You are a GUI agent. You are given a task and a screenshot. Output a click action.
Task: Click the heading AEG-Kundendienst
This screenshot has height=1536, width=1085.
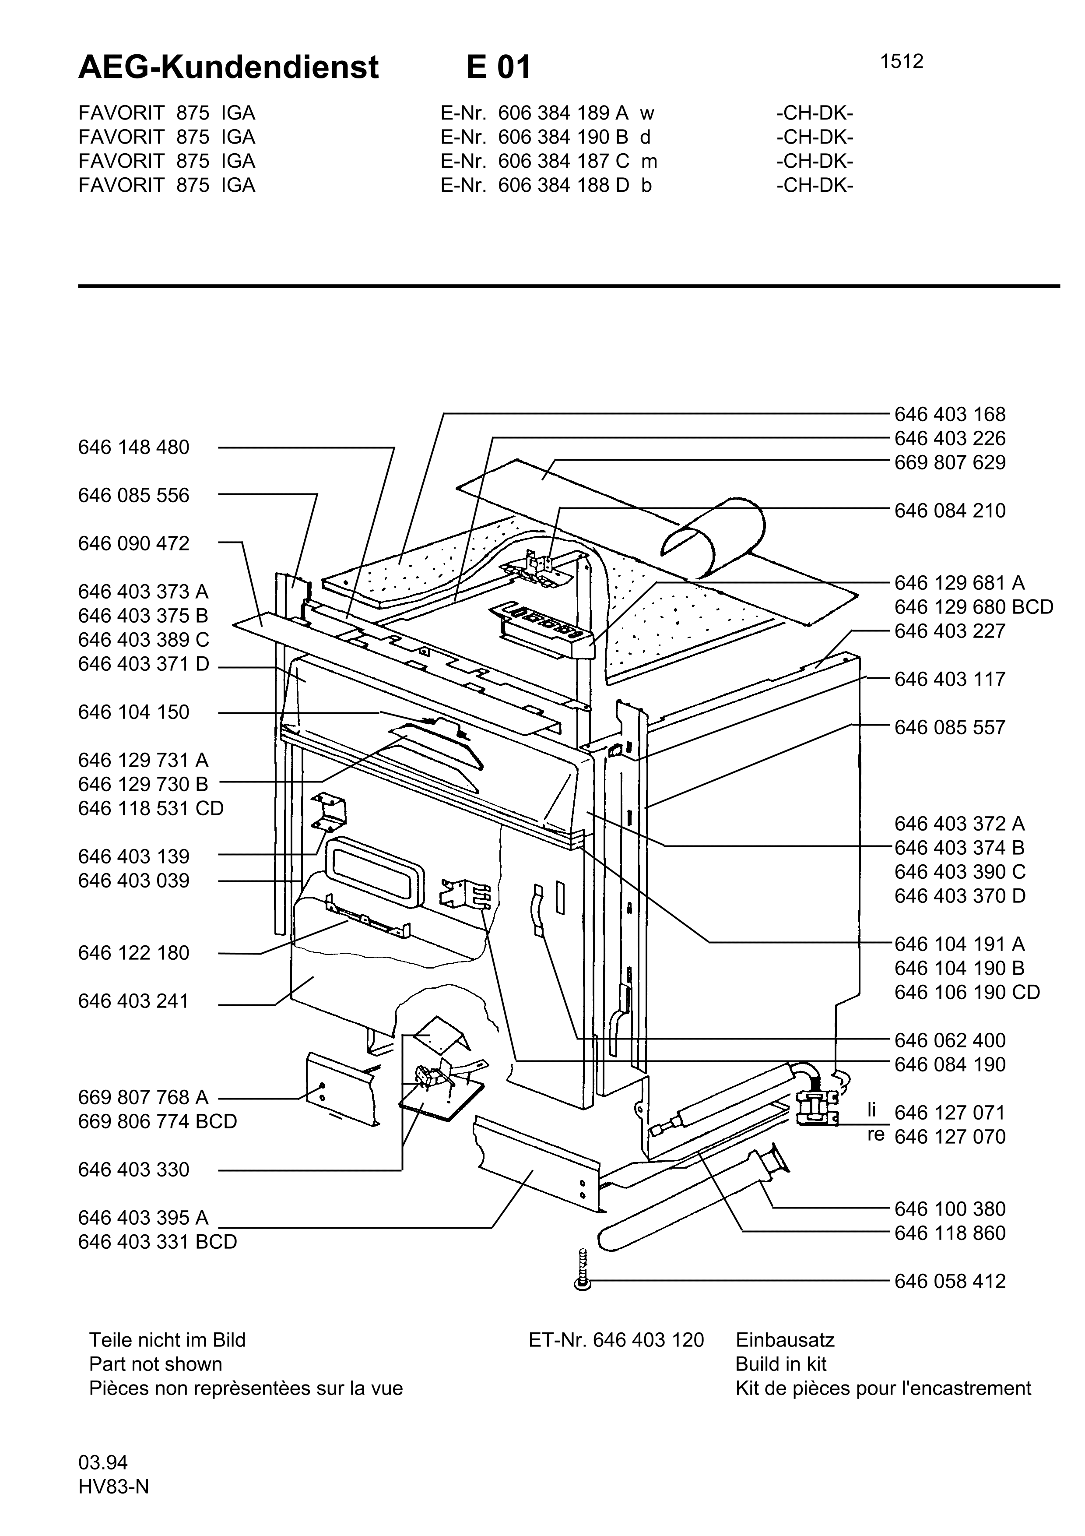228,67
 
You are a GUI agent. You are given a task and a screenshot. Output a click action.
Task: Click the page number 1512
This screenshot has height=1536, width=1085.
901,62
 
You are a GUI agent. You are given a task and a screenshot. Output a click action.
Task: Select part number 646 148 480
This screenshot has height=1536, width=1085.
133,447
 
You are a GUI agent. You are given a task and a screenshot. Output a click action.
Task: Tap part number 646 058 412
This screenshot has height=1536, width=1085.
950,1281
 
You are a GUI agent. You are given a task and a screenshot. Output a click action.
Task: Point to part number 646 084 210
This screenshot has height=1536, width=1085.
950,511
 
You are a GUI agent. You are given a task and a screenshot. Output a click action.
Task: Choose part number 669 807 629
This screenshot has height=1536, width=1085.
950,462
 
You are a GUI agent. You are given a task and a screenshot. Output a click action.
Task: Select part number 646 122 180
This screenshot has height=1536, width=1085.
133,953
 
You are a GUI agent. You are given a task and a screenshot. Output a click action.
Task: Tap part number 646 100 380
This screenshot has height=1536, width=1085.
950,1209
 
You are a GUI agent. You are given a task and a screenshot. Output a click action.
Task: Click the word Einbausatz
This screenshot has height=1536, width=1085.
785,1340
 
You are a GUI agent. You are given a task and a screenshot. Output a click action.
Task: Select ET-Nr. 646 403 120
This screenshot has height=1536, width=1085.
616,1340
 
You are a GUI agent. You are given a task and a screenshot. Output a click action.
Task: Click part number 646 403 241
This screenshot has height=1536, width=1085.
133,1001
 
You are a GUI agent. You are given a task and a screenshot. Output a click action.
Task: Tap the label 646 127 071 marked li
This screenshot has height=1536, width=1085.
950,1113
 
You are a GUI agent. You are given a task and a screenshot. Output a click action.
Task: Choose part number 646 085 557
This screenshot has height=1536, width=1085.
950,727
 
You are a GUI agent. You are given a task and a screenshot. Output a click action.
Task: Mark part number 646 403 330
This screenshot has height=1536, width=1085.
133,1170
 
